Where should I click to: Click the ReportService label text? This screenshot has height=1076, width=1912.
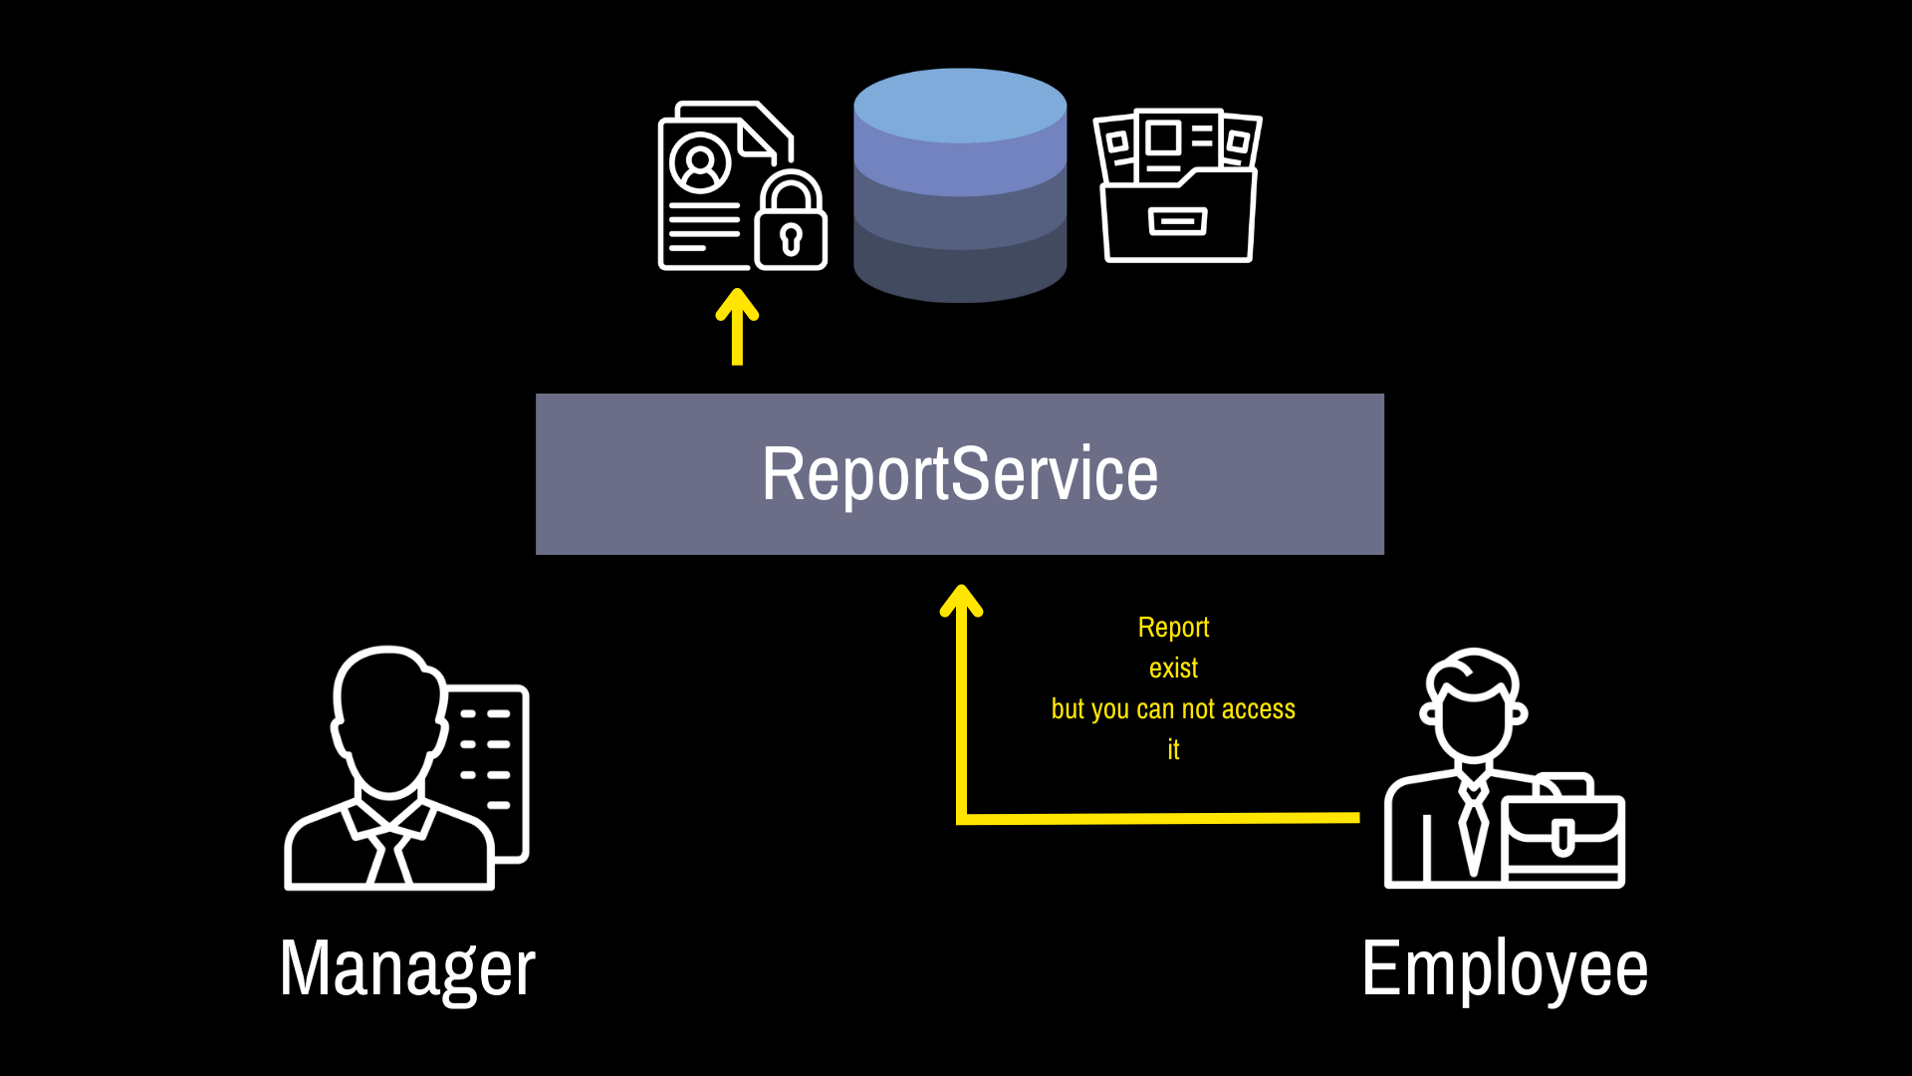(960, 474)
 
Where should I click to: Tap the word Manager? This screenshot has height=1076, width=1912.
(408, 968)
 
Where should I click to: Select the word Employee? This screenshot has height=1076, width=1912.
(1505, 968)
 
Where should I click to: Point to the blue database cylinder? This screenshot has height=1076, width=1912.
(960, 185)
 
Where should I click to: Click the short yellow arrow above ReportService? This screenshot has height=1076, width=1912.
(737, 327)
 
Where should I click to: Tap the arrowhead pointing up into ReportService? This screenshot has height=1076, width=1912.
(962, 600)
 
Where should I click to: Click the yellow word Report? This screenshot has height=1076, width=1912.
(1173, 628)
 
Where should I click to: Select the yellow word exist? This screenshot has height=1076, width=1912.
(1173, 669)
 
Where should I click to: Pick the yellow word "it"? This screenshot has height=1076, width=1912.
(1173, 749)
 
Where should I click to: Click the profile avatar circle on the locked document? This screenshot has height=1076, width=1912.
(700, 161)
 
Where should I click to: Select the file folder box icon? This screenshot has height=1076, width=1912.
(1177, 185)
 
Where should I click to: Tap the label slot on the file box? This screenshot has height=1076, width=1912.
(1178, 221)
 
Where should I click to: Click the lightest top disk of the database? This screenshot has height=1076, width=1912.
(960, 106)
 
